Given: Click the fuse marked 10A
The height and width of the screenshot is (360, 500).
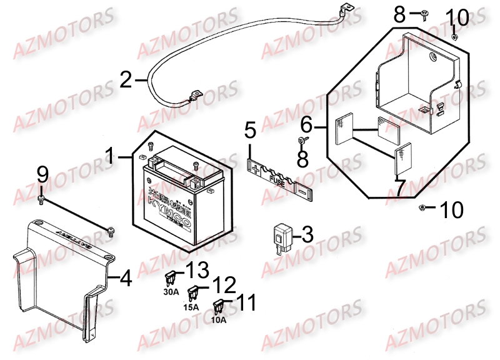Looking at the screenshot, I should tap(219, 306).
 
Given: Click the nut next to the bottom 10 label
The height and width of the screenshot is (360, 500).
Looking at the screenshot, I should tap(423, 207).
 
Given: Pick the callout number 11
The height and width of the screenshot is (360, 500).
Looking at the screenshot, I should tap(245, 304).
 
